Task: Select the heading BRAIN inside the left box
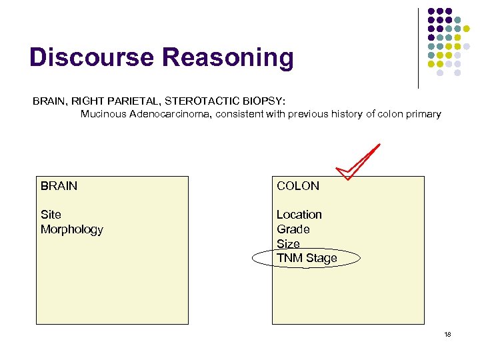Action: [x=59, y=186]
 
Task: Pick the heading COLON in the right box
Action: [x=298, y=186]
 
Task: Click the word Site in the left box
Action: [x=51, y=215]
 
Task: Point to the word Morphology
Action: [x=72, y=229]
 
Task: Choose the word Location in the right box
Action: [x=299, y=215]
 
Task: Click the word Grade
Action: [x=293, y=229]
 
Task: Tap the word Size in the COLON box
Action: [x=288, y=244]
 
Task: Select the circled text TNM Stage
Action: [x=307, y=258]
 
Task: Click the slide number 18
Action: [x=447, y=334]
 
